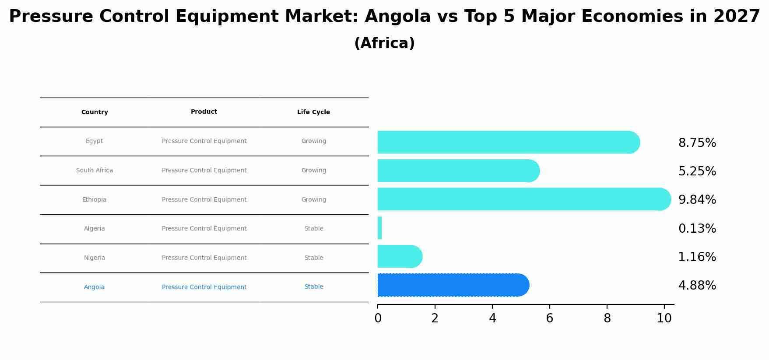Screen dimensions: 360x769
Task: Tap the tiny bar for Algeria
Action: coord(379,228)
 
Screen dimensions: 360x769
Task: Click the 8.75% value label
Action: coord(697,143)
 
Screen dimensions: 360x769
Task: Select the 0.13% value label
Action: coord(697,229)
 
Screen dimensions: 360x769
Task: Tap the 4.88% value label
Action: coord(697,286)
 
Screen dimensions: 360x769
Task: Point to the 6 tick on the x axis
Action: coord(549,318)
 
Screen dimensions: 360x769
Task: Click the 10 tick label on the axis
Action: coord(664,318)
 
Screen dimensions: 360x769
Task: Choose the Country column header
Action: coord(95,112)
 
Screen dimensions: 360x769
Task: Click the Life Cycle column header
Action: coord(313,112)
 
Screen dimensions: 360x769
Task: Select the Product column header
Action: coord(204,112)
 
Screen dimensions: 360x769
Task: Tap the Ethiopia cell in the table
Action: coord(95,200)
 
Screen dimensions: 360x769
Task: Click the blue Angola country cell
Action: coord(95,287)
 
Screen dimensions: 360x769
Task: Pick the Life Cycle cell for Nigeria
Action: coord(314,258)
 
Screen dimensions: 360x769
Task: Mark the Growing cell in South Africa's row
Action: coord(314,171)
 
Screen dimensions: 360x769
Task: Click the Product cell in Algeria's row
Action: coord(204,229)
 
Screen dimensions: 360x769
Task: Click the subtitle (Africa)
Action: coord(384,43)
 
